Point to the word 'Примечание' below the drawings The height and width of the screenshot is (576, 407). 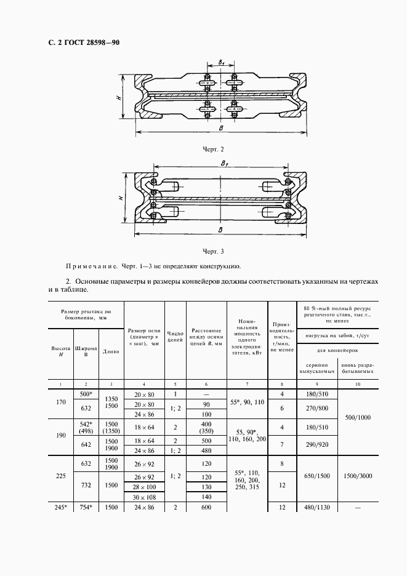point(91,267)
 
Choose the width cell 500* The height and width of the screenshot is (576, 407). point(86,394)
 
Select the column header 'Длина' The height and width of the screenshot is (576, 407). point(111,352)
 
